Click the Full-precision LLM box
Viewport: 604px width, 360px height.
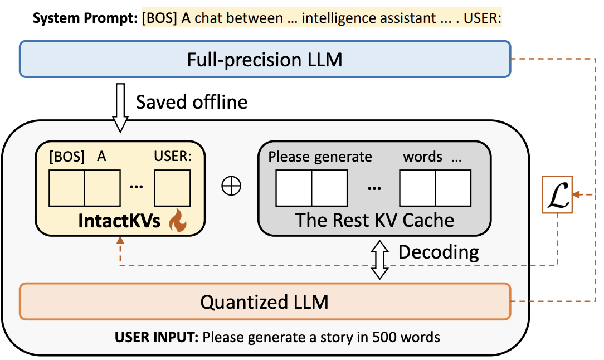[x=265, y=59]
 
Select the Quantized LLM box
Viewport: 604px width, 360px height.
[x=265, y=302]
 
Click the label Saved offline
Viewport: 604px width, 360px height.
[x=192, y=103]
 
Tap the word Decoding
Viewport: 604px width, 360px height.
[x=439, y=252]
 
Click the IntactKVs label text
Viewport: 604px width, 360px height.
[x=119, y=221]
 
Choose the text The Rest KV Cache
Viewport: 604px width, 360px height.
[x=374, y=220]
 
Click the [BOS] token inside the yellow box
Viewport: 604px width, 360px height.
[x=66, y=157]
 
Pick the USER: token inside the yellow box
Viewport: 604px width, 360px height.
[x=172, y=157]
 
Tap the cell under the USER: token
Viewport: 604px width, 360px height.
[x=173, y=188]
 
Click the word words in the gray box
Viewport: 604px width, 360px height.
[x=422, y=157]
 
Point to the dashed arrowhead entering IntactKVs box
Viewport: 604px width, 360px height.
[x=120, y=240]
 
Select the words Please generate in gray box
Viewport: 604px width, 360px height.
[x=320, y=157]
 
